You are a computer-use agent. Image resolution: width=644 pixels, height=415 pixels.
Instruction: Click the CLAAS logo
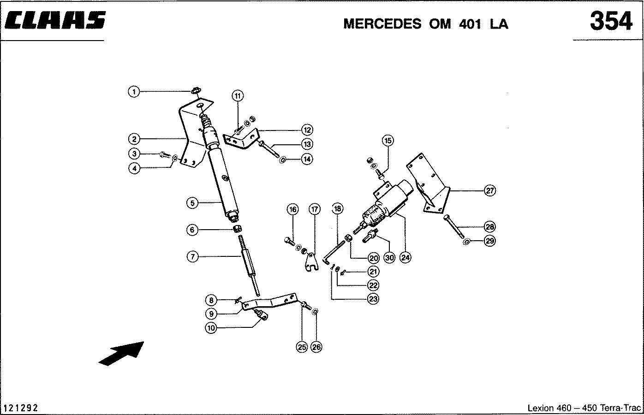point(55,21)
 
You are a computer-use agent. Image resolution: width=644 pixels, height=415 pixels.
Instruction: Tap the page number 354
point(611,21)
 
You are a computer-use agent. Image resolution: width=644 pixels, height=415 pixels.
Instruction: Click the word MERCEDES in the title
point(382,24)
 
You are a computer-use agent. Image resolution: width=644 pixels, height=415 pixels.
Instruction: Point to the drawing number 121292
point(21,408)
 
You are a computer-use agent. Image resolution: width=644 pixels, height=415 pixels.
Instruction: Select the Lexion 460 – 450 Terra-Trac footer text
point(584,408)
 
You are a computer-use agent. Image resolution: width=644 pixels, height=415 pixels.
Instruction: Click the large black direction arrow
point(122,353)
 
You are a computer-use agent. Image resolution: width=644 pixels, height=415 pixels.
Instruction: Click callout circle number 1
point(133,92)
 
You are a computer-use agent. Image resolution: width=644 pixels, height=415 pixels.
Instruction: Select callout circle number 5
point(192,202)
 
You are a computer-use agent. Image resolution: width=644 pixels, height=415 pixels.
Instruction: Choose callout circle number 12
point(307,130)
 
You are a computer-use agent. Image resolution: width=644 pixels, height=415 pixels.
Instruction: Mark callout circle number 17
point(314,209)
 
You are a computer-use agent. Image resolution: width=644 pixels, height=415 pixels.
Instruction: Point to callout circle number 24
point(405,258)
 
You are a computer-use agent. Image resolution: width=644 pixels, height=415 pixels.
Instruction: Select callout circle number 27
point(489,190)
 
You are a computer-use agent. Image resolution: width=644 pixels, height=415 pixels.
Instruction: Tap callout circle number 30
point(389,258)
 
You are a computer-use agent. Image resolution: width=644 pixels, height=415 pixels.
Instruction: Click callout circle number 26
point(316,347)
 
